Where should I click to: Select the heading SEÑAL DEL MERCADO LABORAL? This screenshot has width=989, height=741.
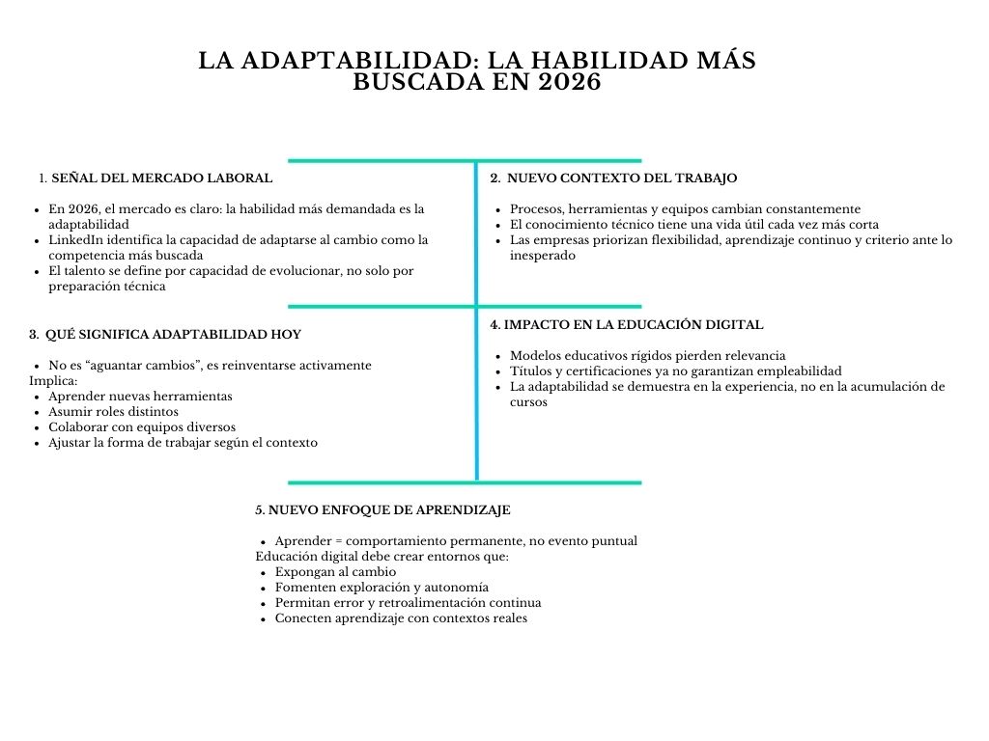coord(161,178)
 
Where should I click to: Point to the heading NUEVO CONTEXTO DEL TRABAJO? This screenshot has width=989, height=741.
coord(621,178)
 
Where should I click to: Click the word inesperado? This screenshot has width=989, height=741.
coord(543,255)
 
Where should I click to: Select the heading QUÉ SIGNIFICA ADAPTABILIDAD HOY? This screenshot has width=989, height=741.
coord(173,334)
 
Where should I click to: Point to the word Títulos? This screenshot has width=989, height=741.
coord(531,370)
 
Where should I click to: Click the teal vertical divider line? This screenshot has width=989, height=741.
coord(476,386)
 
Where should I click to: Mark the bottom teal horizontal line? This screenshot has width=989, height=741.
coord(465,481)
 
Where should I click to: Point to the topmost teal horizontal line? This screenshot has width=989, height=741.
coord(465,160)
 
